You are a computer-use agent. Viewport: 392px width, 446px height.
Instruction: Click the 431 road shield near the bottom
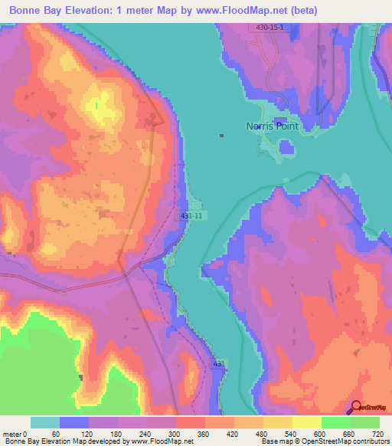coord(219,363)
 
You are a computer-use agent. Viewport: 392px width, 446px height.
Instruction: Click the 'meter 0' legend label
coord(15,434)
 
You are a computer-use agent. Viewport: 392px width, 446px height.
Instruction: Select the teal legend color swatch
coord(45,422)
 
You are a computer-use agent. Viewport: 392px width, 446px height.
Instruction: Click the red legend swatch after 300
coord(190,422)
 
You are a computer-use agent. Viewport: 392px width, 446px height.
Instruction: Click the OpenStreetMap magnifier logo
coord(357,408)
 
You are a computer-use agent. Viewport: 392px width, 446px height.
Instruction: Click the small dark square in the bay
coord(222,136)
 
